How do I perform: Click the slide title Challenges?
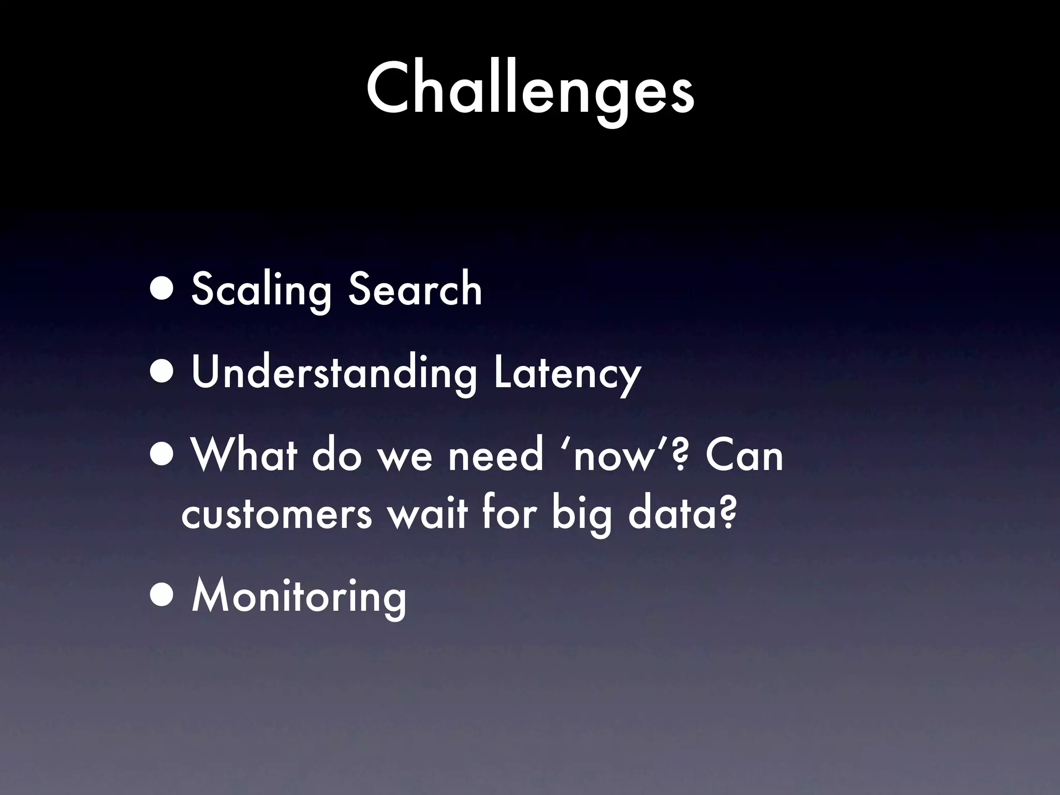pos(530,88)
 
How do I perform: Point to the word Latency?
pos(567,373)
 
